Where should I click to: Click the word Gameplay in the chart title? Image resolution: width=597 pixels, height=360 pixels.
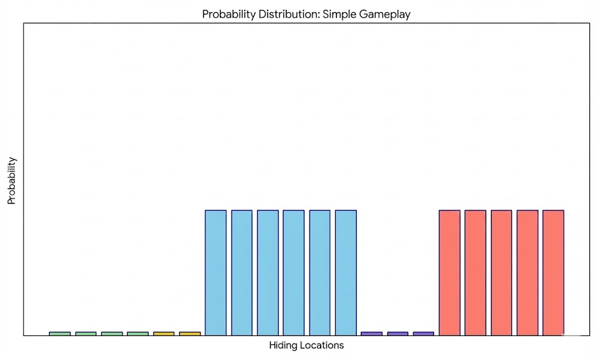pyautogui.click(x=384, y=15)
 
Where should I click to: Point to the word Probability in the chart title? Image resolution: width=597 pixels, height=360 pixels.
pyautogui.click(x=226, y=15)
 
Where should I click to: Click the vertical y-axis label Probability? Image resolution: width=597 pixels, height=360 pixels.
pyautogui.click(x=12, y=180)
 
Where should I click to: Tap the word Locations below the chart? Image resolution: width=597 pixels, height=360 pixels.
pyautogui.click(x=322, y=345)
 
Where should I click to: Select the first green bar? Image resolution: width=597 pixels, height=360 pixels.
pyautogui.click(x=59, y=334)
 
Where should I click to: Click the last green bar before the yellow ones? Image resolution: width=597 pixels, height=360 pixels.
pyautogui.click(x=138, y=334)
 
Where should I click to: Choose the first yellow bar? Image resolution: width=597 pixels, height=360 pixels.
pyautogui.click(x=164, y=334)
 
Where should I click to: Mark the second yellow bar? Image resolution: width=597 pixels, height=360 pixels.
pyautogui.click(x=189, y=334)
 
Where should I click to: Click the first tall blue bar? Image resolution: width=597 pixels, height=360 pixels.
pyautogui.click(x=216, y=272)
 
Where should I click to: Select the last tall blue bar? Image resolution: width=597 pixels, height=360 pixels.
pyautogui.click(x=346, y=272)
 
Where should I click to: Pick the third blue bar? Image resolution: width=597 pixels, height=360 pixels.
pyautogui.click(x=268, y=272)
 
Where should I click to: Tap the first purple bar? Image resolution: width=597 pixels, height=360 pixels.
pyautogui.click(x=371, y=334)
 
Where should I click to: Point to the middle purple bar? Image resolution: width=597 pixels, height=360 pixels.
pyautogui.click(x=398, y=334)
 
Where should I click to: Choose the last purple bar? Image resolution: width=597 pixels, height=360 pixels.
pyautogui.click(x=423, y=334)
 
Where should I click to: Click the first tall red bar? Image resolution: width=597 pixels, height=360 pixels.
pyautogui.click(x=449, y=272)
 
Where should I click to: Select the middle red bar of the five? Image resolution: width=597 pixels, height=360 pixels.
pyautogui.click(x=501, y=272)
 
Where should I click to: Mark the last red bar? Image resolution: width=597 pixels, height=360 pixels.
pyautogui.click(x=553, y=272)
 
